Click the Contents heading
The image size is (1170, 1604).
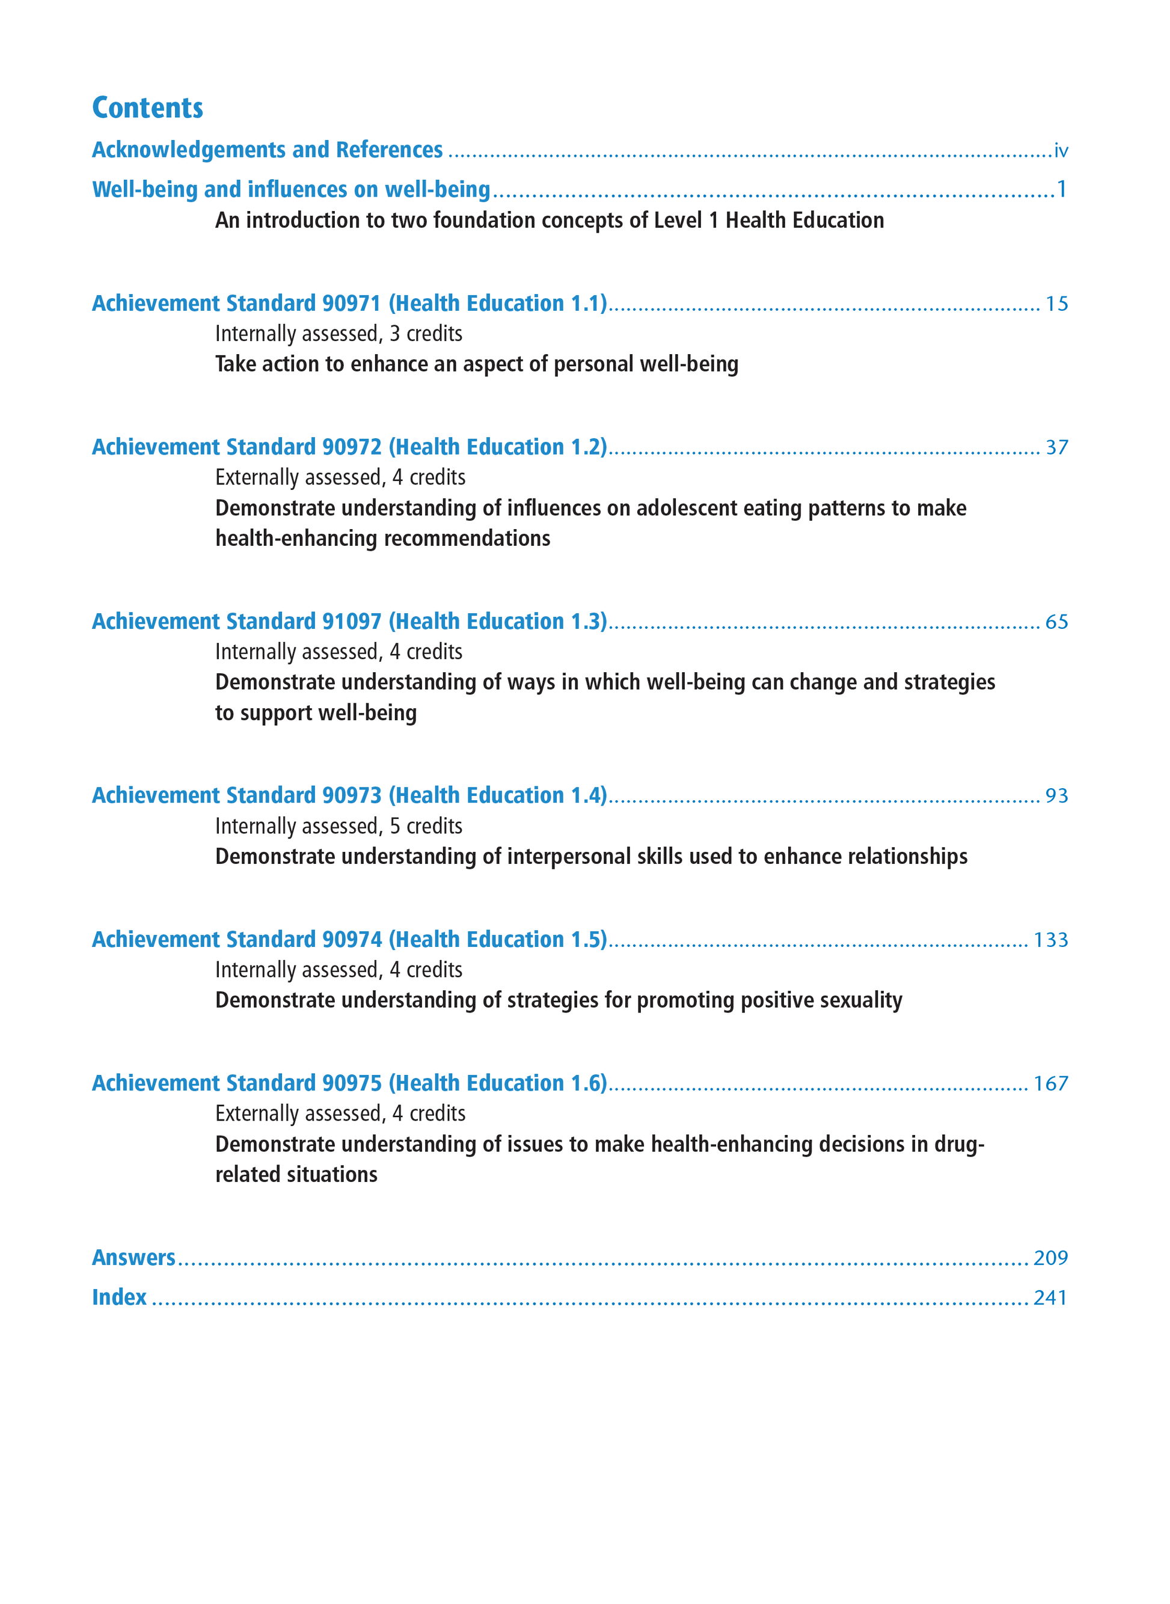(147, 108)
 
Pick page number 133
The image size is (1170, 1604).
(1050, 940)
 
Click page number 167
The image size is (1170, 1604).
(1050, 1083)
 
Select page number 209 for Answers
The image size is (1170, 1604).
(1050, 1258)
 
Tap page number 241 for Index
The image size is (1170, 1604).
(1050, 1297)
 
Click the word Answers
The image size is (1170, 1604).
(134, 1257)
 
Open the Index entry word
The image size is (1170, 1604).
(119, 1297)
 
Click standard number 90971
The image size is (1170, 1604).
(351, 303)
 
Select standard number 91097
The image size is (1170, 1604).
(351, 621)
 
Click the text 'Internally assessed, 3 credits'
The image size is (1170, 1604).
(338, 334)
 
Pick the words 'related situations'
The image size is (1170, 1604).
(296, 1174)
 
